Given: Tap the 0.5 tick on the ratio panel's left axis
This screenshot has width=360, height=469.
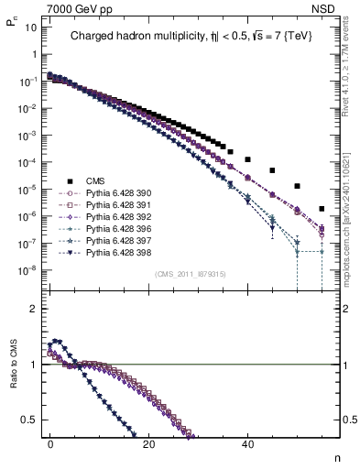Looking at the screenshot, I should click(29, 420).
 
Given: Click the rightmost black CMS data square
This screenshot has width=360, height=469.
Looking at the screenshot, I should click(321, 208).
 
